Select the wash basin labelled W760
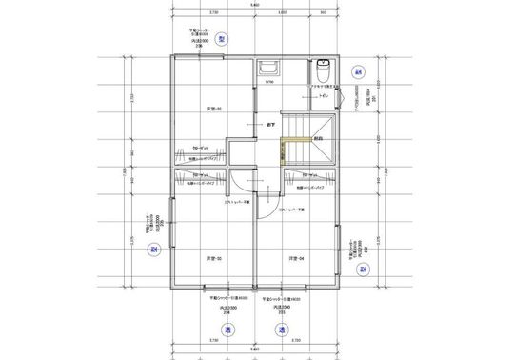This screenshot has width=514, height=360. pos(267,71)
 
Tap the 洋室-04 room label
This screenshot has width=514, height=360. pos(296,258)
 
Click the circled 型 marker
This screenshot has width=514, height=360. pos(221,39)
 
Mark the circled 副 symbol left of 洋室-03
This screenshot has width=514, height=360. pos(152,249)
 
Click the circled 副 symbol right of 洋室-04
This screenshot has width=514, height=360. pos(363,269)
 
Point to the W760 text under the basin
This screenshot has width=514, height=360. pos(268,84)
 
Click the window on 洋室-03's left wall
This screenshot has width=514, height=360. pos(171,224)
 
